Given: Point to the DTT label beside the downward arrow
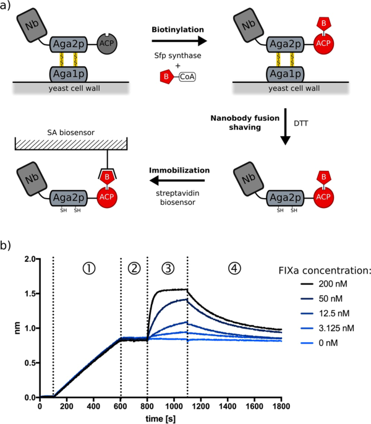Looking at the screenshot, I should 302,123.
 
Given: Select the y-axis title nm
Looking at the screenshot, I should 9,329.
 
